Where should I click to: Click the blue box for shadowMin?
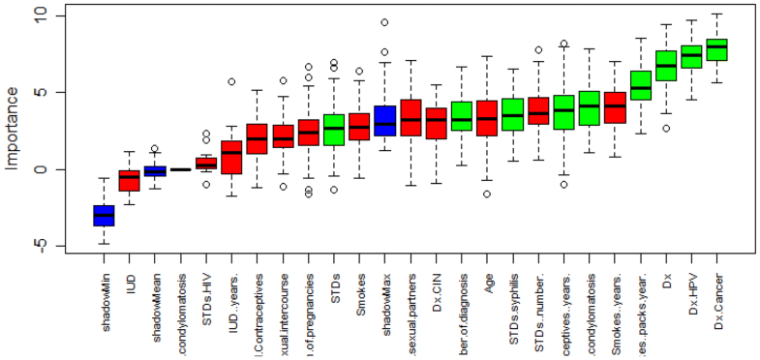point(104,215)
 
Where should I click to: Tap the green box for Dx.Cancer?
point(717,49)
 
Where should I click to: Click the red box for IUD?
point(129,179)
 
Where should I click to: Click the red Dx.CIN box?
point(436,123)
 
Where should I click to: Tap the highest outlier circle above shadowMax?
point(384,22)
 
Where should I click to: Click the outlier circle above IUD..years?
point(231,82)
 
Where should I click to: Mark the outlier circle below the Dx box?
point(666,128)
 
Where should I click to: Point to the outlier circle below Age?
point(487,194)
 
